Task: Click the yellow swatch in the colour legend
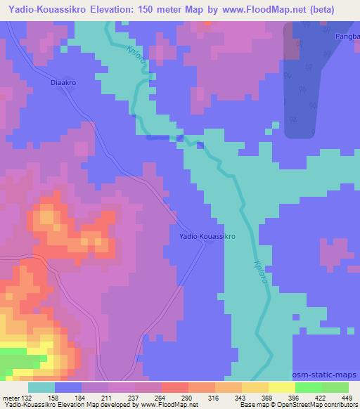pyautogui.click(x=281, y=387)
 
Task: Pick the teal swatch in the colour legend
pyautogui.click(x=41, y=387)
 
